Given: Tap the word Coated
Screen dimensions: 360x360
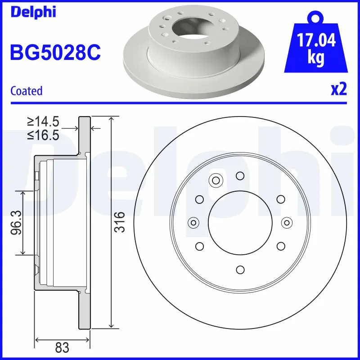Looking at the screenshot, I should (x=26, y=91).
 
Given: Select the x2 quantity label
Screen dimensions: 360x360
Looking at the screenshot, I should (x=338, y=90).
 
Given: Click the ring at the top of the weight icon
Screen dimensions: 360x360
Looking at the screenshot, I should (x=316, y=18).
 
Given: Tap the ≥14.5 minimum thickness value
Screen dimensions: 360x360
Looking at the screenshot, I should (x=43, y=121).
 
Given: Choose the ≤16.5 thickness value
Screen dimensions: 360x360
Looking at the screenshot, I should (x=43, y=135).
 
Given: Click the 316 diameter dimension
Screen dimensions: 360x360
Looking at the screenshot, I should (x=119, y=222).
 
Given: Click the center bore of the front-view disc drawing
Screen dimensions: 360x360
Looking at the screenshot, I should (x=240, y=222).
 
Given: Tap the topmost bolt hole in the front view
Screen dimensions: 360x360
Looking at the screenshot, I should (x=240, y=175).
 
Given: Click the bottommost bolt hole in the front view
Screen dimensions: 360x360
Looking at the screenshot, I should (x=240, y=269).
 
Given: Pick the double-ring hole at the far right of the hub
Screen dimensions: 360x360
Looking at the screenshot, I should (x=286, y=222).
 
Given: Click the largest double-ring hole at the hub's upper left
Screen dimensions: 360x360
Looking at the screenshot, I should (x=215, y=181).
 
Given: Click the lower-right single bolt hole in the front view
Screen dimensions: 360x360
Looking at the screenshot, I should (x=281, y=246).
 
